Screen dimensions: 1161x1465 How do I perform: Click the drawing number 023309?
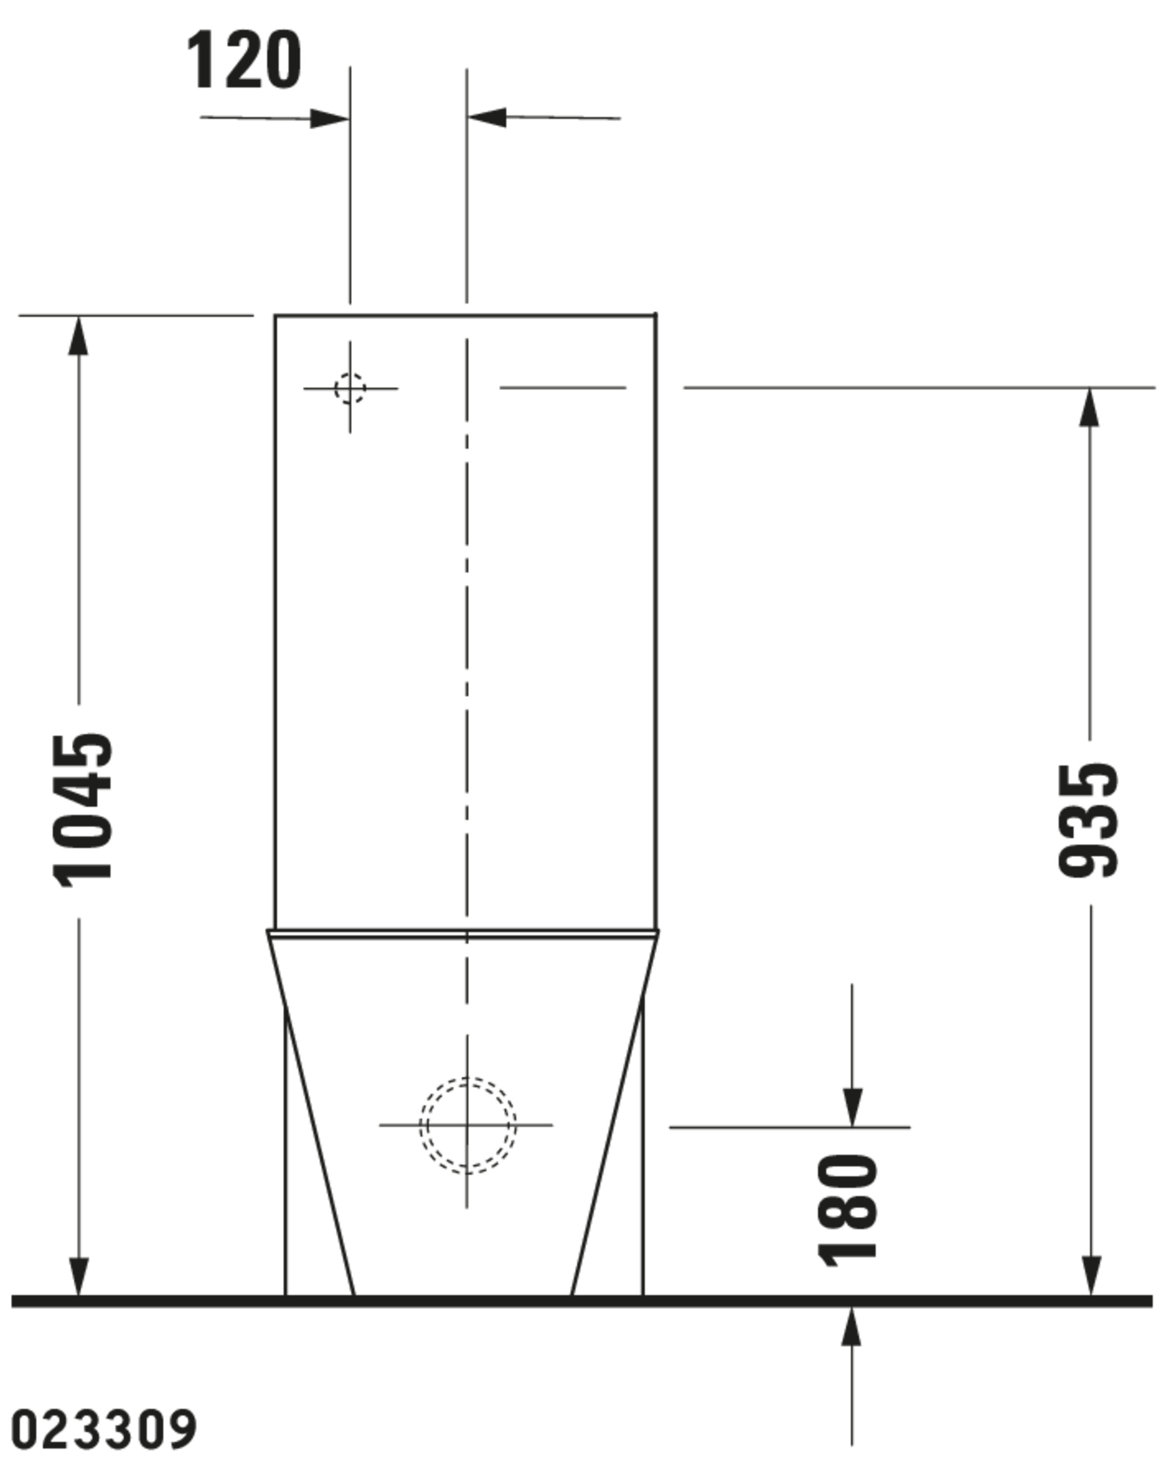click(104, 1429)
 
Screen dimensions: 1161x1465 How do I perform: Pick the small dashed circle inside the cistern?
click(350, 389)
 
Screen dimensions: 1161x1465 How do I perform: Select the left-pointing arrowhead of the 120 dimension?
click(486, 117)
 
